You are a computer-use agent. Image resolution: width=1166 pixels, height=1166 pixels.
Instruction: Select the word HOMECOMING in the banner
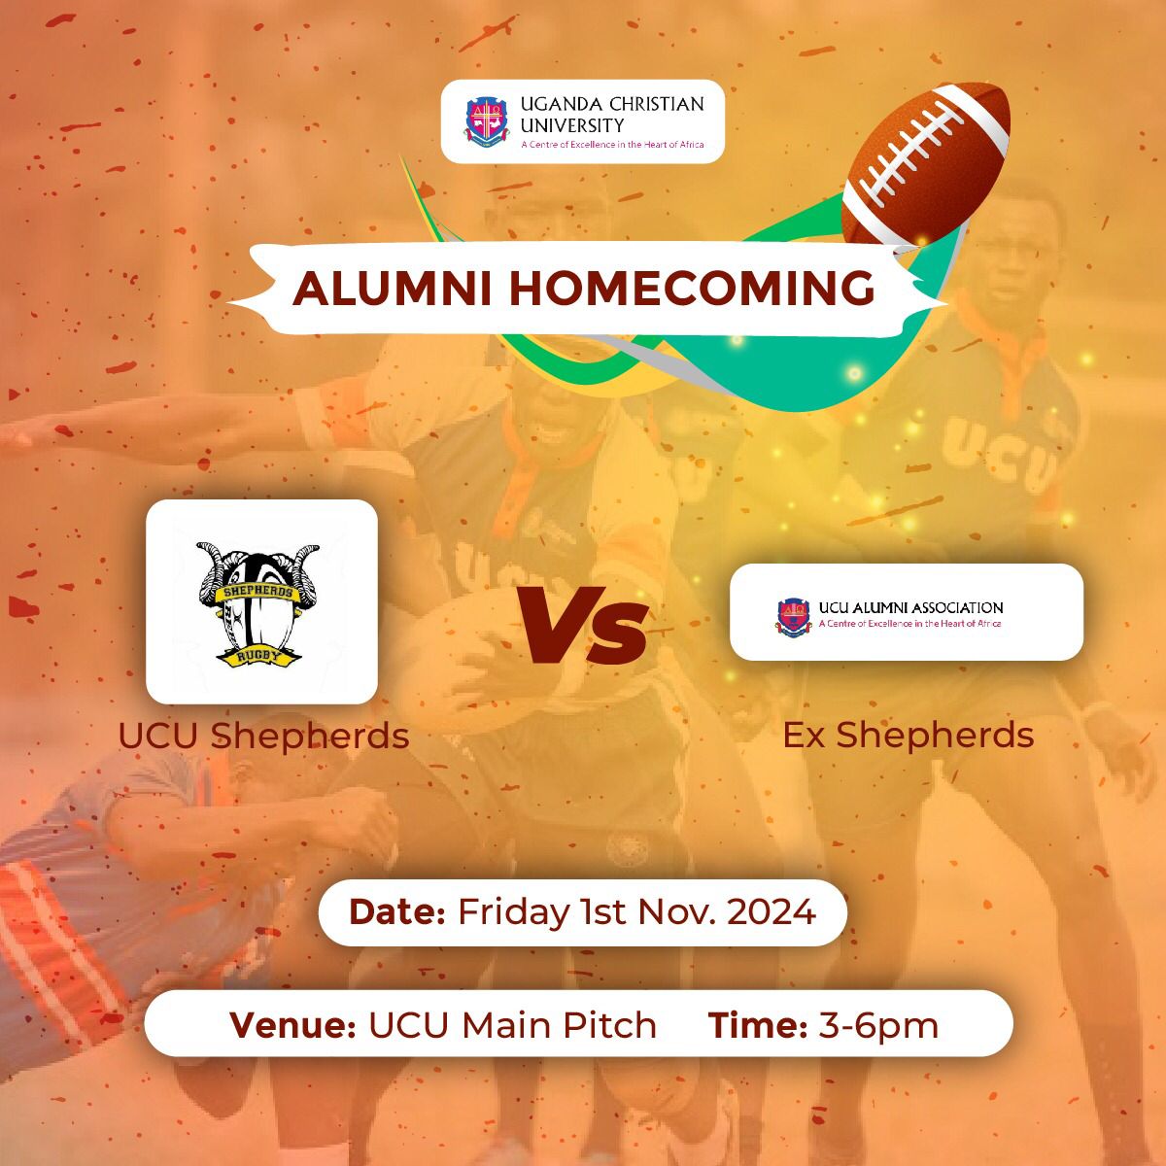[x=691, y=289]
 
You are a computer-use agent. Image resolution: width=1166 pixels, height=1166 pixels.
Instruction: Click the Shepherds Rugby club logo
[x=259, y=602]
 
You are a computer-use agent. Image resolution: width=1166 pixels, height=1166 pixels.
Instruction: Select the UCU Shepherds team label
[x=263, y=736]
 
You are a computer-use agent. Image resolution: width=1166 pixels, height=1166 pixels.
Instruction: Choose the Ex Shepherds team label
[x=908, y=735]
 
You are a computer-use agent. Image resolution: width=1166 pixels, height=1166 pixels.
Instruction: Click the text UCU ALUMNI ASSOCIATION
[x=910, y=607]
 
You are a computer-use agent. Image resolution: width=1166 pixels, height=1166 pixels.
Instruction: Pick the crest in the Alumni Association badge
[x=793, y=615]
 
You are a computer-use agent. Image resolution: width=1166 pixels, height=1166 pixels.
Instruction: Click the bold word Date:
[x=396, y=912]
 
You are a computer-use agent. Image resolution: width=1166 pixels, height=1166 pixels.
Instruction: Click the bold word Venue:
[x=291, y=1025]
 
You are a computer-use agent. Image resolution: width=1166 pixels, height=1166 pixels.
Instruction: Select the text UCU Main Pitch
[x=512, y=1025]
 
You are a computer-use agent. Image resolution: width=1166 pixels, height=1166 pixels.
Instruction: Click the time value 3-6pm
[x=878, y=1025]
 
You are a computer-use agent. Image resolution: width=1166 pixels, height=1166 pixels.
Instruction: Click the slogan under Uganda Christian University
[x=611, y=145]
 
